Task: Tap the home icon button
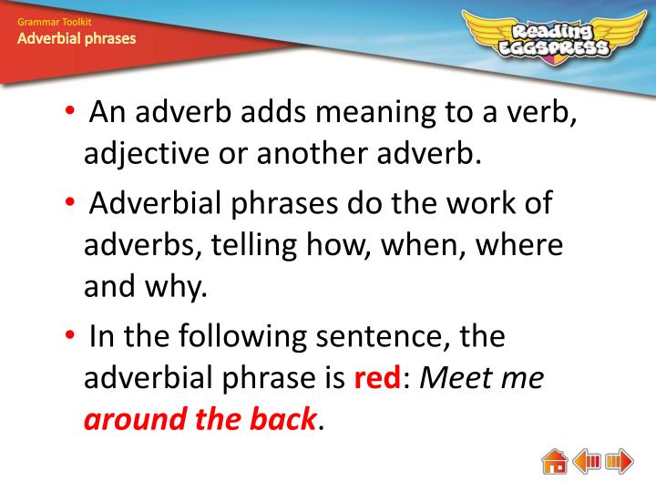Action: tap(554, 461)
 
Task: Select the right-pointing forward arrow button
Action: tap(620, 461)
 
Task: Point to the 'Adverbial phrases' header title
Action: tap(77, 38)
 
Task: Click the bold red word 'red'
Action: tap(376, 378)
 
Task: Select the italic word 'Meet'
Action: tap(452, 378)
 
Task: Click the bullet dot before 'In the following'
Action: tap(71, 336)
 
